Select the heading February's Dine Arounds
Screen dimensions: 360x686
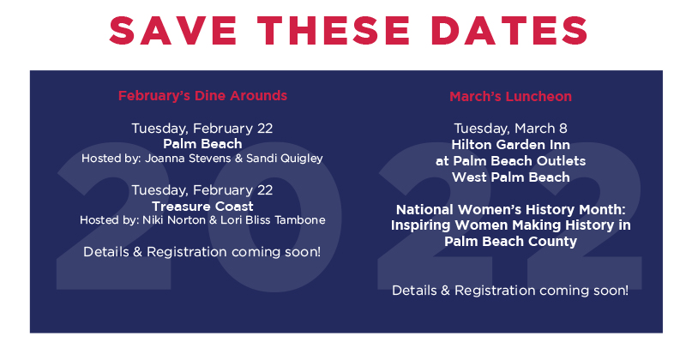tap(202, 95)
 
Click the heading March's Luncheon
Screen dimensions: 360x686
tap(510, 96)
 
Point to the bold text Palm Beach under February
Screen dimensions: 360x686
tap(202, 144)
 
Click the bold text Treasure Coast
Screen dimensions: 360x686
tap(202, 206)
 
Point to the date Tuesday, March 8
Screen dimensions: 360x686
tap(510, 129)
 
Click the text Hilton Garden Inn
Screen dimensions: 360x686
tap(510, 145)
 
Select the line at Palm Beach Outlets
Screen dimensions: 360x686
tap(510, 160)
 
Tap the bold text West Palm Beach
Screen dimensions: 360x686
tap(510, 177)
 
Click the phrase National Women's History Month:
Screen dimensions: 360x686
tap(510, 209)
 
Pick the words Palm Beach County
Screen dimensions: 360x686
tap(510, 242)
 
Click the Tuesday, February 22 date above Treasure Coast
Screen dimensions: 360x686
tap(202, 190)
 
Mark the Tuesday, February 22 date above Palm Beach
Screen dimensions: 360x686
tap(202, 129)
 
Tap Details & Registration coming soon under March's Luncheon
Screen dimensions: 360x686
tap(510, 291)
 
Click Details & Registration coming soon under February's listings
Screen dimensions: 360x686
tap(202, 252)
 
